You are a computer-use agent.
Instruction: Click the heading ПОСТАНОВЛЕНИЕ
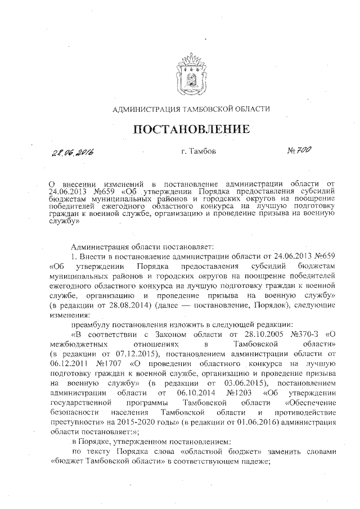(191, 129)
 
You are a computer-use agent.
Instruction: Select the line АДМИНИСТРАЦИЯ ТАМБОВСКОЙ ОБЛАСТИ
(191, 109)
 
